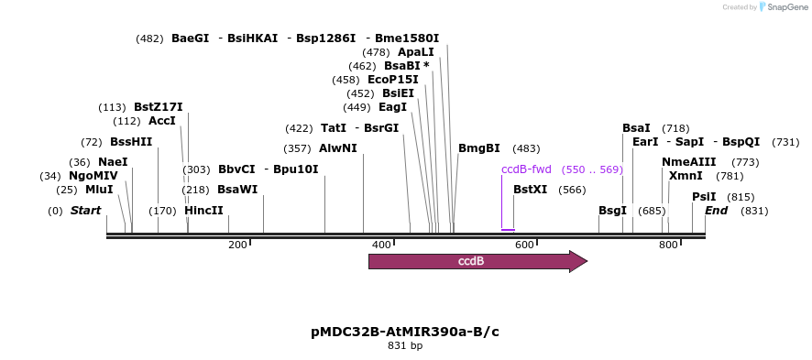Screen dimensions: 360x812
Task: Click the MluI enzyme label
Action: click(99, 190)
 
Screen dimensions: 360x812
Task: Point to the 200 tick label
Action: click(237, 245)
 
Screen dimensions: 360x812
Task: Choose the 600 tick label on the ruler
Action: click(524, 245)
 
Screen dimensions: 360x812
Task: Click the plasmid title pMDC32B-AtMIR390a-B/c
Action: click(405, 332)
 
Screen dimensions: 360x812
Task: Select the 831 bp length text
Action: click(405, 346)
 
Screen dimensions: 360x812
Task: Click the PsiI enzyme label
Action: click(704, 197)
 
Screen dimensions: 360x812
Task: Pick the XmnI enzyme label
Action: click(686, 176)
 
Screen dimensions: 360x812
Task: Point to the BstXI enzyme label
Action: click(530, 190)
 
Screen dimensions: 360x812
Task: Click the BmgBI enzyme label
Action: click(479, 148)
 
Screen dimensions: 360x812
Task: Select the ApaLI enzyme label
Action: click(416, 52)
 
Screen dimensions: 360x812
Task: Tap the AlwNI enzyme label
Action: click(338, 148)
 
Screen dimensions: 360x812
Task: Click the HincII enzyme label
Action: click(203, 211)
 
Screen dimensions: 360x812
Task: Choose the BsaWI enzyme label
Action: click(237, 190)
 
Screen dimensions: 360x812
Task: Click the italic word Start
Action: click(85, 211)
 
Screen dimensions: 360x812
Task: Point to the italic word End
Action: click(716, 211)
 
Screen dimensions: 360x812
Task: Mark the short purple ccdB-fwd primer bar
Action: click(508, 230)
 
